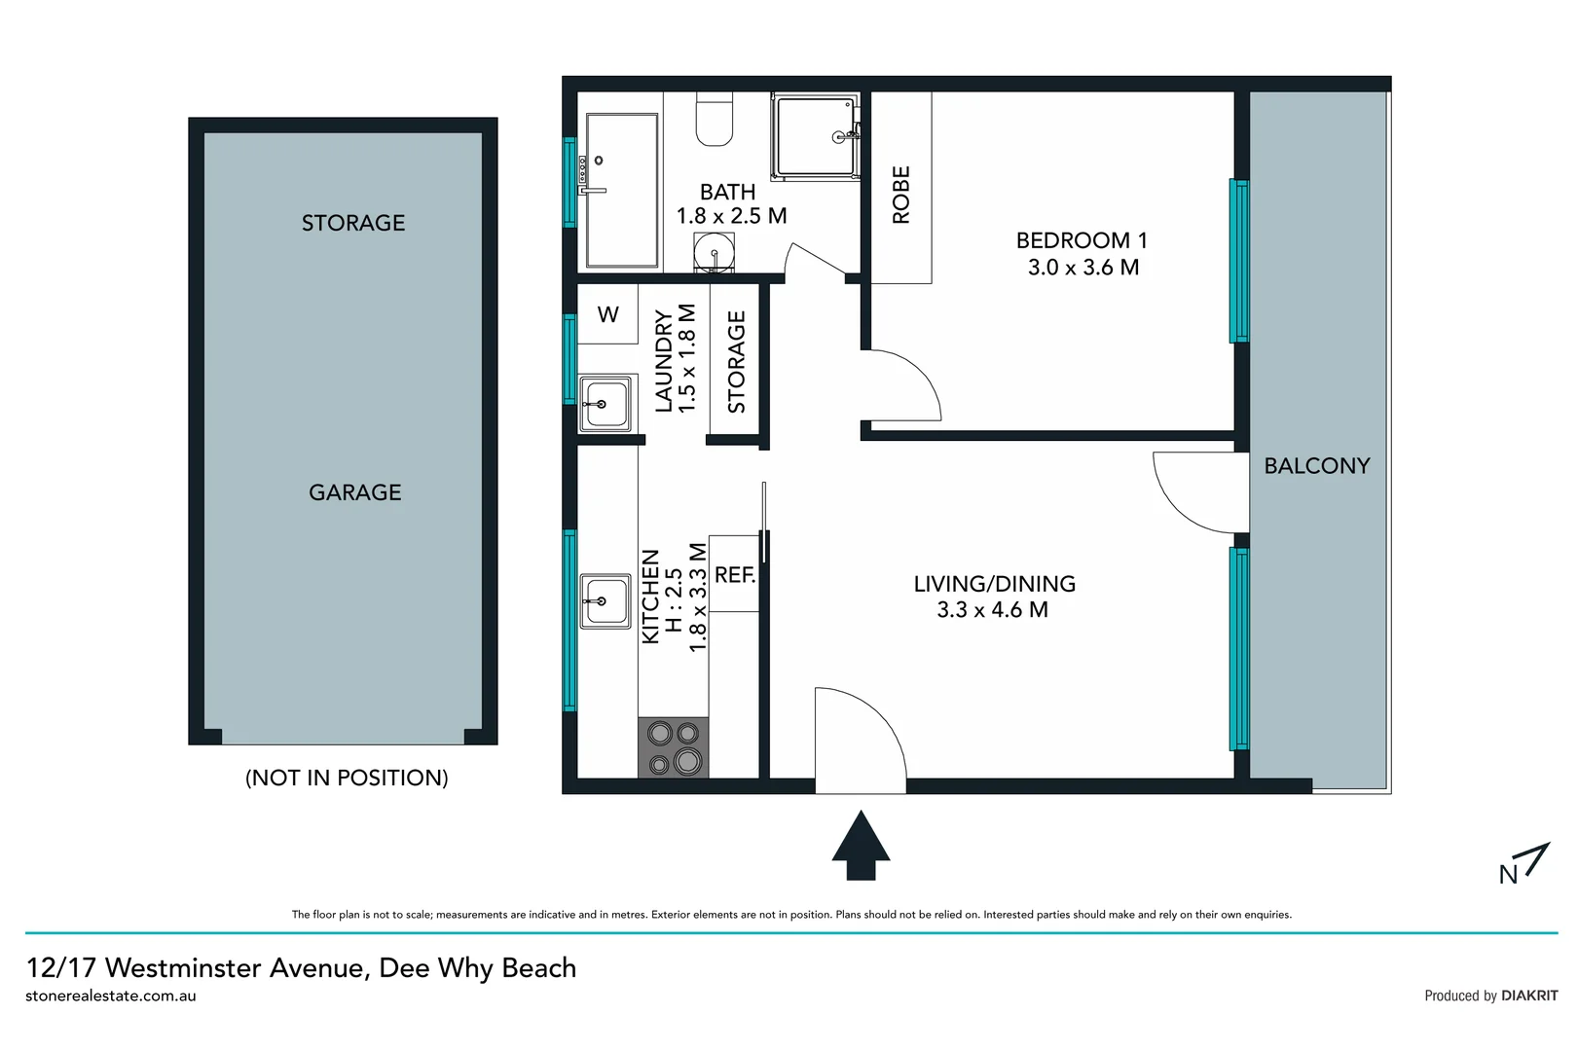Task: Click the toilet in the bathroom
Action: coord(715,120)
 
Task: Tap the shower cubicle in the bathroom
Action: coord(816,137)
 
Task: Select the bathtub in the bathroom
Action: coord(621,190)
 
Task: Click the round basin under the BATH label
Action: coord(715,254)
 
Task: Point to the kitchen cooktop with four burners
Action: coord(674,747)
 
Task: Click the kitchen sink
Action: coord(606,600)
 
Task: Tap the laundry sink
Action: coord(605,403)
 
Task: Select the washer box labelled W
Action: coord(607,314)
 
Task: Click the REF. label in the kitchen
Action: coord(735,575)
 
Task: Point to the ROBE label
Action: coord(901,195)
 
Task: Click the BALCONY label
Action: coord(1316,466)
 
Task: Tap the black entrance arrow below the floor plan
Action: coord(861,847)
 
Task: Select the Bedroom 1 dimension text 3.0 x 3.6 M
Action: coord(1083,268)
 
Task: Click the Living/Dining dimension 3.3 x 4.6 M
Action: coord(992,610)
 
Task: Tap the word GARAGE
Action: coord(354,492)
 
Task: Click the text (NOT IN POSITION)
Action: coord(347,778)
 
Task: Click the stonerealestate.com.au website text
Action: coord(111,996)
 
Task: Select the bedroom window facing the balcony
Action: coord(1238,261)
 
